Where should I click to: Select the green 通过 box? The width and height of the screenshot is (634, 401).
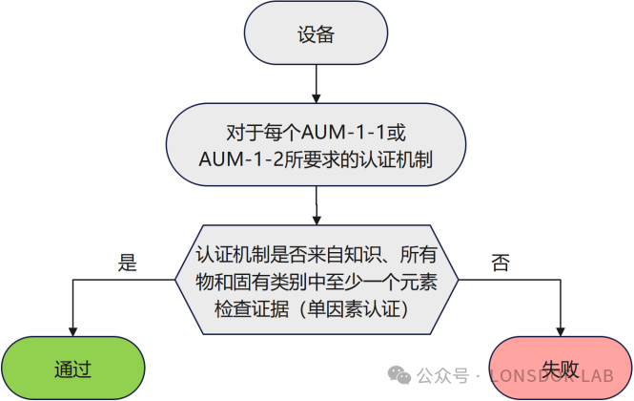coord(72,368)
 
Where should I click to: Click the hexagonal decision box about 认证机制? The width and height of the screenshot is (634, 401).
coord(316,282)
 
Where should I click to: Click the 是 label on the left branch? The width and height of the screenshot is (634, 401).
coord(127,263)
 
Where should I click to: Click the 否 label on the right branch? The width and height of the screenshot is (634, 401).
coord(500,263)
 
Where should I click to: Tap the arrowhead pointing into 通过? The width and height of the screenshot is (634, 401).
coord(72,330)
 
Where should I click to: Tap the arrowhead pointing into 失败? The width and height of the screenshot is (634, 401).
coord(561,330)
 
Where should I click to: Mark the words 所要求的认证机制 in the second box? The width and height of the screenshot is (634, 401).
coord(343,159)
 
